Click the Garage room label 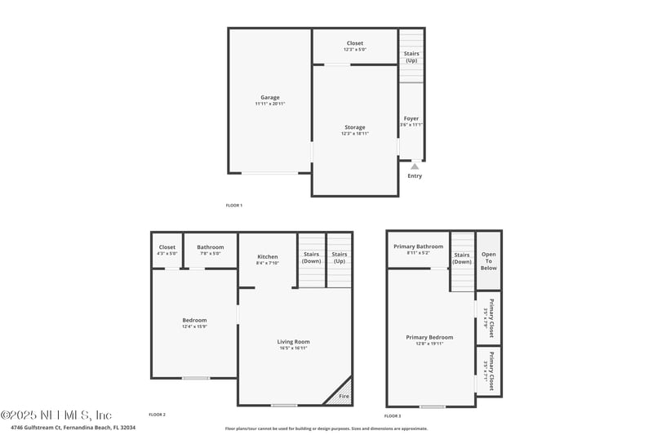click(x=270, y=98)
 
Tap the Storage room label click(x=354, y=127)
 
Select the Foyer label click(x=411, y=118)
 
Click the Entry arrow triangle click(x=415, y=166)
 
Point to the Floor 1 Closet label click(x=354, y=43)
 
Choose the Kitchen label click(x=268, y=257)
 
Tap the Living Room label click(x=294, y=342)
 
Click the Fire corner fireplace click(x=342, y=393)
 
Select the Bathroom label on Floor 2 click(x=210, y=247)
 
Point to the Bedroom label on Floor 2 click(x=194, y=320)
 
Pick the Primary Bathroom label click(x=418, y=246)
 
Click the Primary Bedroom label click(x=429, y=337)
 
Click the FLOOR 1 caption click(x=234, y=205)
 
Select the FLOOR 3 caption click(x=393, y=415)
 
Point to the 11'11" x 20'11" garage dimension click(x=270, y=104)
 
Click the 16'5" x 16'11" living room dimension click(x=294, y=348)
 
